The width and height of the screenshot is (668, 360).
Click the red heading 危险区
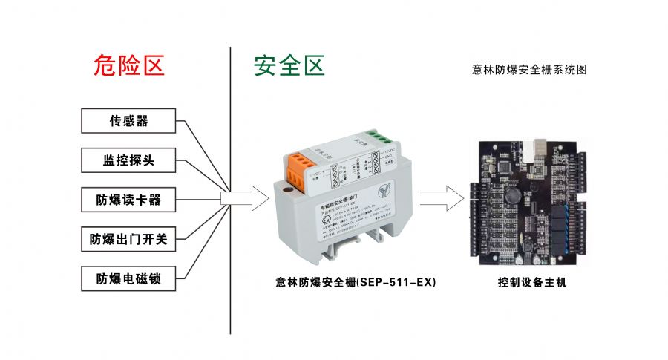coord(128,66)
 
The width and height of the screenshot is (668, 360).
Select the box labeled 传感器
coord(128,121)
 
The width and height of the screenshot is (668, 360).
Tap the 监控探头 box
coord(128,160)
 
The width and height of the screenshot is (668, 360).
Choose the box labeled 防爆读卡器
coord(128,200)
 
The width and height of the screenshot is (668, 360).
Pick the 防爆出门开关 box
coord(128,239)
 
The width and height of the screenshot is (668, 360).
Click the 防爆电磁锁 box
coord(128,279)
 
